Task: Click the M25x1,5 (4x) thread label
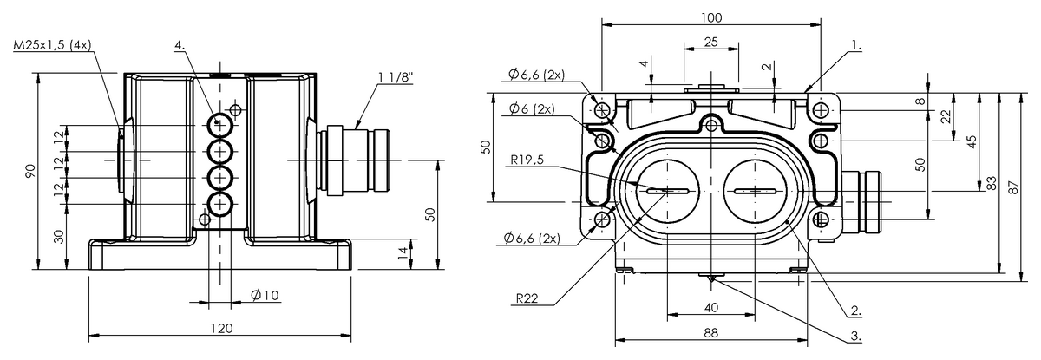tap(53, 45)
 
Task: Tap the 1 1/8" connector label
tap(395, 77)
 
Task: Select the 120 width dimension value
tap(221, 329)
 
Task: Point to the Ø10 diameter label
tap(265, 295)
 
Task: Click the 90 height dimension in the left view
tap(30, 171)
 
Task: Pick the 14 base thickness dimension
tap(403, 252)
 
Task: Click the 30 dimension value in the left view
tap(59, 237)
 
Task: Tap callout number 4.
tap(180, 45)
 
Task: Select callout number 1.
tap(856, 45)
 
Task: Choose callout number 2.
tap(856, 311)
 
